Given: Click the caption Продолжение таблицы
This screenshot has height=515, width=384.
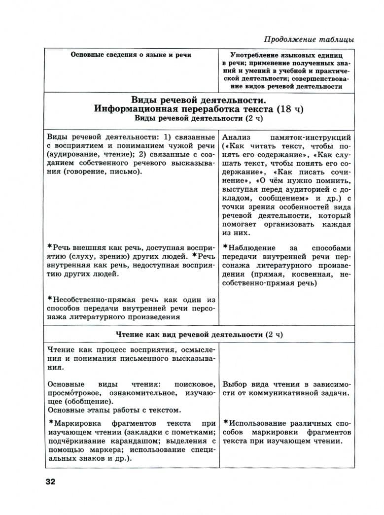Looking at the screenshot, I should click(309, 39).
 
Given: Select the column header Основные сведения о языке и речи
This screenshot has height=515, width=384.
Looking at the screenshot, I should click(131, 55).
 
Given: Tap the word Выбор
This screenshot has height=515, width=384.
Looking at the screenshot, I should click(235, 384).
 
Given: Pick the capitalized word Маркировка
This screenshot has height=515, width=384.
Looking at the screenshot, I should click(78, 423).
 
